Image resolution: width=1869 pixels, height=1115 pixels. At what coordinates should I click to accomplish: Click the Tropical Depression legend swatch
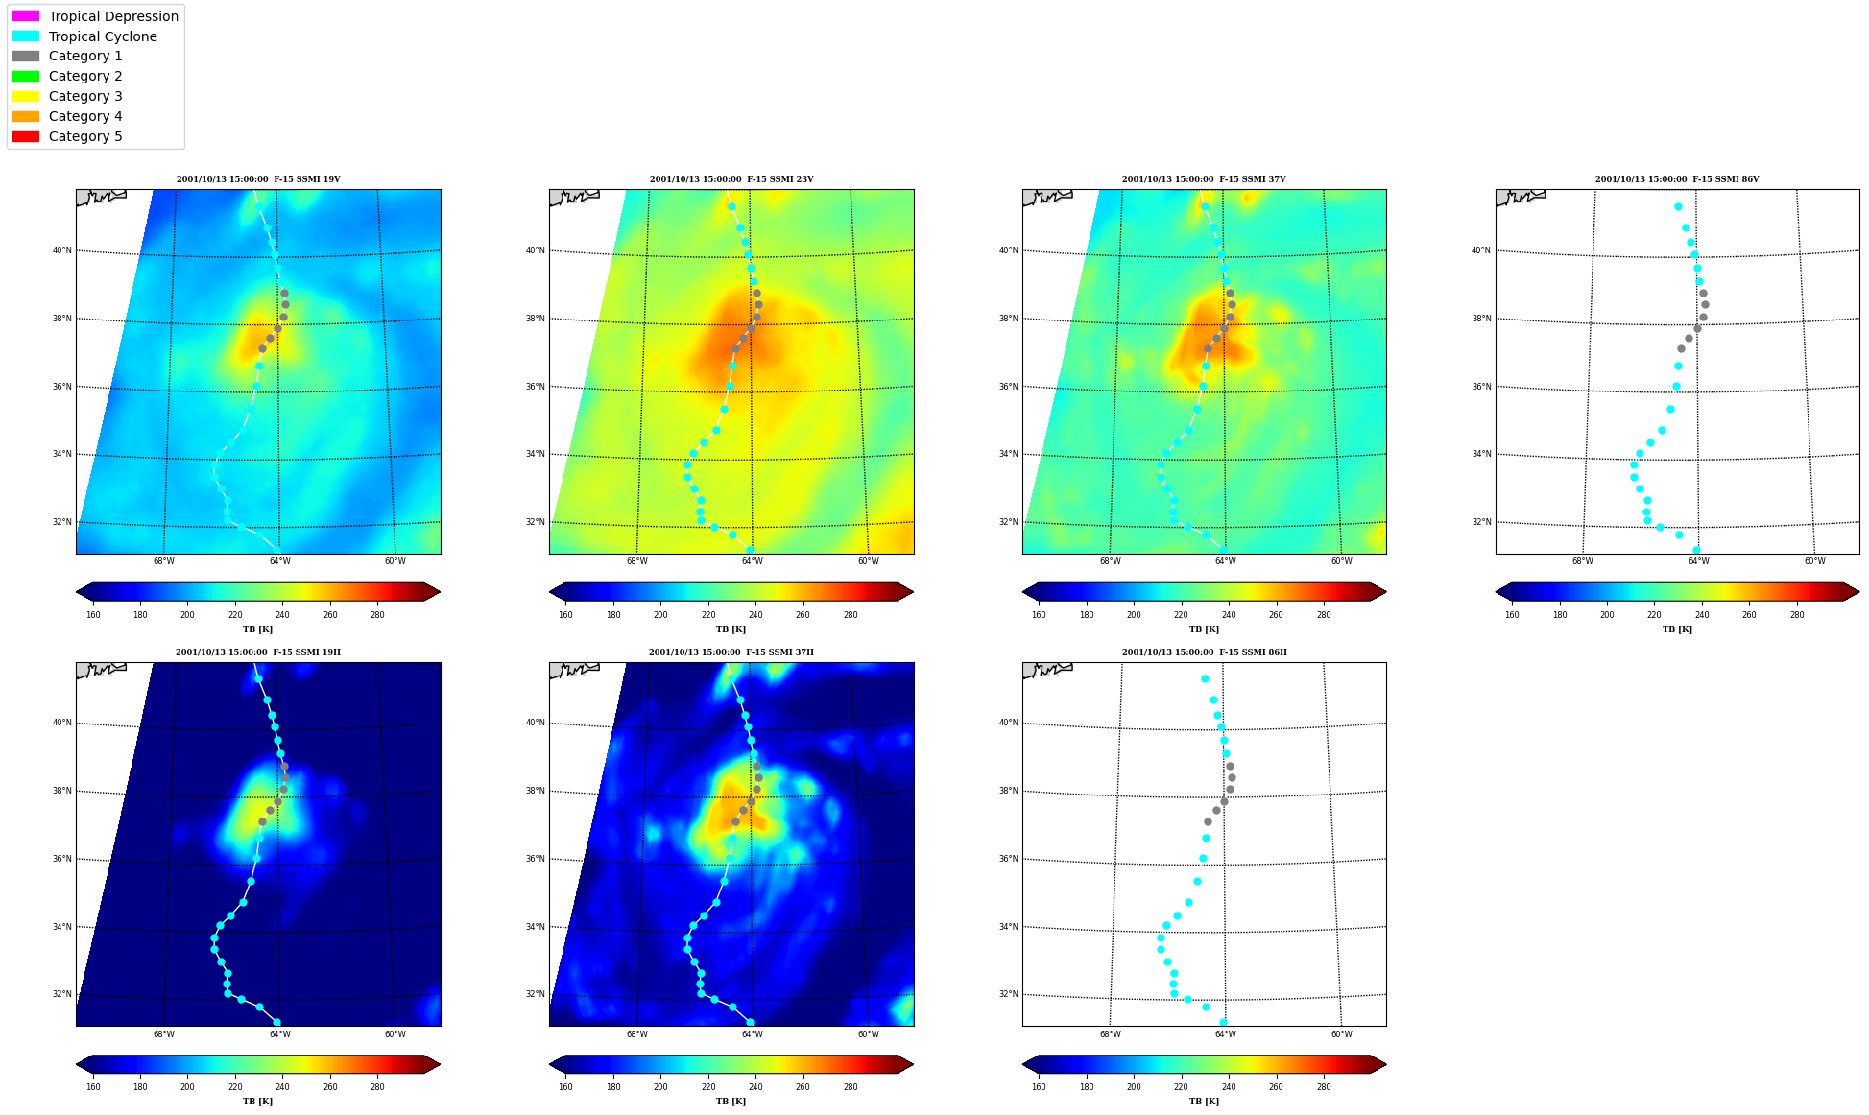(x=26, y=16)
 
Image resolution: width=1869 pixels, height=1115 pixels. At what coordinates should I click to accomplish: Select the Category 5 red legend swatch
(x=26, y=136)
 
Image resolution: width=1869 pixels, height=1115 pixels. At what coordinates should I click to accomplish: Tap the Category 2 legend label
(x=85, y=76)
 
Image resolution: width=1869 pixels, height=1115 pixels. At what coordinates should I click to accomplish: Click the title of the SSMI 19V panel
(x=258, y=179)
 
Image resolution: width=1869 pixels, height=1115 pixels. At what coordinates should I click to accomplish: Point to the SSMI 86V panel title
(x=1677, y=179)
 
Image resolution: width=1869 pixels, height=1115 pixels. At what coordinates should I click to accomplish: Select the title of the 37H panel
(x=731, y=652)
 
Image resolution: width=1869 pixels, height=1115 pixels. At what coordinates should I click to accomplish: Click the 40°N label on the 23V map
(x=535, y=250)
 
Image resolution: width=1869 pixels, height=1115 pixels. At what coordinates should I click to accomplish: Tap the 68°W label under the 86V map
(x=1583, y=561)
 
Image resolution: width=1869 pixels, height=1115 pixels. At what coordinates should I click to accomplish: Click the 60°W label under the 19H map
(x=395, y=1034)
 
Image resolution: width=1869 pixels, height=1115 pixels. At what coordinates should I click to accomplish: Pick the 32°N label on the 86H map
(x=1008, y=994)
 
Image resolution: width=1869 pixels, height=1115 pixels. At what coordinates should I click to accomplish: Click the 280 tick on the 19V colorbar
(x=377, y=615)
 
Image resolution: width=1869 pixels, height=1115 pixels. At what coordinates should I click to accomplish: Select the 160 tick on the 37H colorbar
(x=565, y=1087)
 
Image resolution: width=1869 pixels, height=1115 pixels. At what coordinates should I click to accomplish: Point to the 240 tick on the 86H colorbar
(x=1229, y=1087)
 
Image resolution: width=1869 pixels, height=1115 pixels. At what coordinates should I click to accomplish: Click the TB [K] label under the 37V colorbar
(x=1204, y=629)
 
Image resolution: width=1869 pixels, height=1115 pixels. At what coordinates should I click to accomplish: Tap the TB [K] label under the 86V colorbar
(x=1677, y=629)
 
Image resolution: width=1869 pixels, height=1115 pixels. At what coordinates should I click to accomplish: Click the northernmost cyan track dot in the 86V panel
(x=1678, y=206)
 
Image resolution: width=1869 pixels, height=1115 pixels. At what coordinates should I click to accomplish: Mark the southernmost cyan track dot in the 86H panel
(x=1223, y=1022)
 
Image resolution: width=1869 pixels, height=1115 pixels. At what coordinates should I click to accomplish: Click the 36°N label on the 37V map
(x=1008, y=387)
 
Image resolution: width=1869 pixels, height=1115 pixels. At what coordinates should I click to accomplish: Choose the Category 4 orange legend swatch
(x=26, y=116)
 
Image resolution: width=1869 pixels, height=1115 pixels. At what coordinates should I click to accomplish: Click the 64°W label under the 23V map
(x=753, y=561)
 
